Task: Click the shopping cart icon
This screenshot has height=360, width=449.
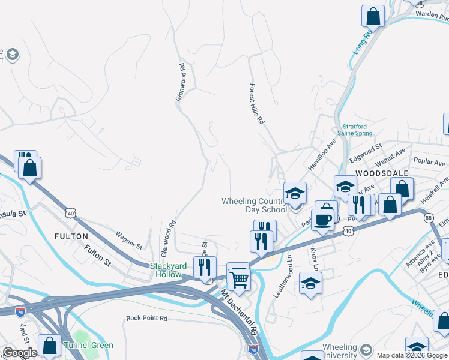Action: pyautogui.click(x=238, y=277)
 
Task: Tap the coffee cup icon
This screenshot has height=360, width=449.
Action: pyautogui.click(x=322, y=219)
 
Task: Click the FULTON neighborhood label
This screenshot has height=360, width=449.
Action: pyautogui.click(x=71, y=236)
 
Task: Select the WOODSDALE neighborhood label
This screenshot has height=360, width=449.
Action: pyautogui.click(x=382, y=173)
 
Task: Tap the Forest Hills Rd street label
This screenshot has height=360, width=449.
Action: pyautogui.click(x=257, y=103)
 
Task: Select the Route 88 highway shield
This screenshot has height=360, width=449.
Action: pyautogui.click(x=428, y=217)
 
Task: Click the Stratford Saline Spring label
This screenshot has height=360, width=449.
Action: pyautogui.click(x=358, y=130)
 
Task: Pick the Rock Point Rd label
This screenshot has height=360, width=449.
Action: pyautogui.click(x=146, y=318)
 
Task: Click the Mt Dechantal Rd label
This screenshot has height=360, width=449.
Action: pyautogui.click(x=238, y=313)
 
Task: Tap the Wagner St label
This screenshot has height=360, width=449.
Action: pyautogui.click(x=129, y=242)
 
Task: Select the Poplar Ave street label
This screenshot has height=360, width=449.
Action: pyautogui.click(x=430, y=163)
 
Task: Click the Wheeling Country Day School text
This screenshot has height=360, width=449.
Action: pyautogui.click(x=255, y=205)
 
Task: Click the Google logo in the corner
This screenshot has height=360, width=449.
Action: pyautogui.click(x=20, y=353)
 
